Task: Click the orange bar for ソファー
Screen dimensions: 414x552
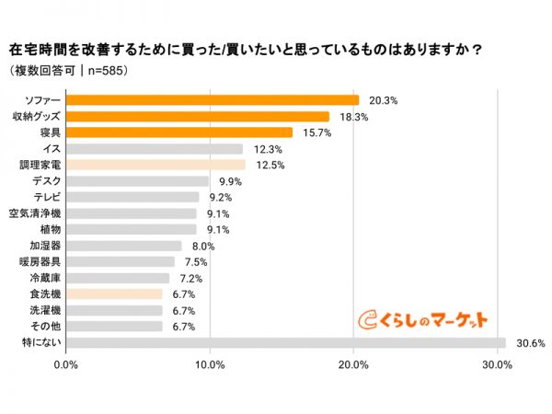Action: [x=213, y=100]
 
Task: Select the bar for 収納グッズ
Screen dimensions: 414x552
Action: [x=198, y=117]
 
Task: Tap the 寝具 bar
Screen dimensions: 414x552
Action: [x=179, y=132]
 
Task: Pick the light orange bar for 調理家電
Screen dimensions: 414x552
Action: [x=156, y=165]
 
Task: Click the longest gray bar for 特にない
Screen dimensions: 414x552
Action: [x=286, y=343]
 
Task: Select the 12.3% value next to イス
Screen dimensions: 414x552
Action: [x=266, y=149]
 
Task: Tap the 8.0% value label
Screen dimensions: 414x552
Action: [x=201, y=246]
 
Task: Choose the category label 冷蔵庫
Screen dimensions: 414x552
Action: [x=45, y=278]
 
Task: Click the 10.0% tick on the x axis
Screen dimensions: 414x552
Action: [x=211, y=365]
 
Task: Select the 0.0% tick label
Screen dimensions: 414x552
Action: [x=66, y=365]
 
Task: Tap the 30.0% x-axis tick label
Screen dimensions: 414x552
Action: [x=498, y=365]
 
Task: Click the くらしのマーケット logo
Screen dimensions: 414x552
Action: [x=422, y=318]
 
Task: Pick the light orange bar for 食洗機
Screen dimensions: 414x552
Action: [x=115, y=294]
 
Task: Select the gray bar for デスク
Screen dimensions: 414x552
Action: [x=138, y=181]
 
